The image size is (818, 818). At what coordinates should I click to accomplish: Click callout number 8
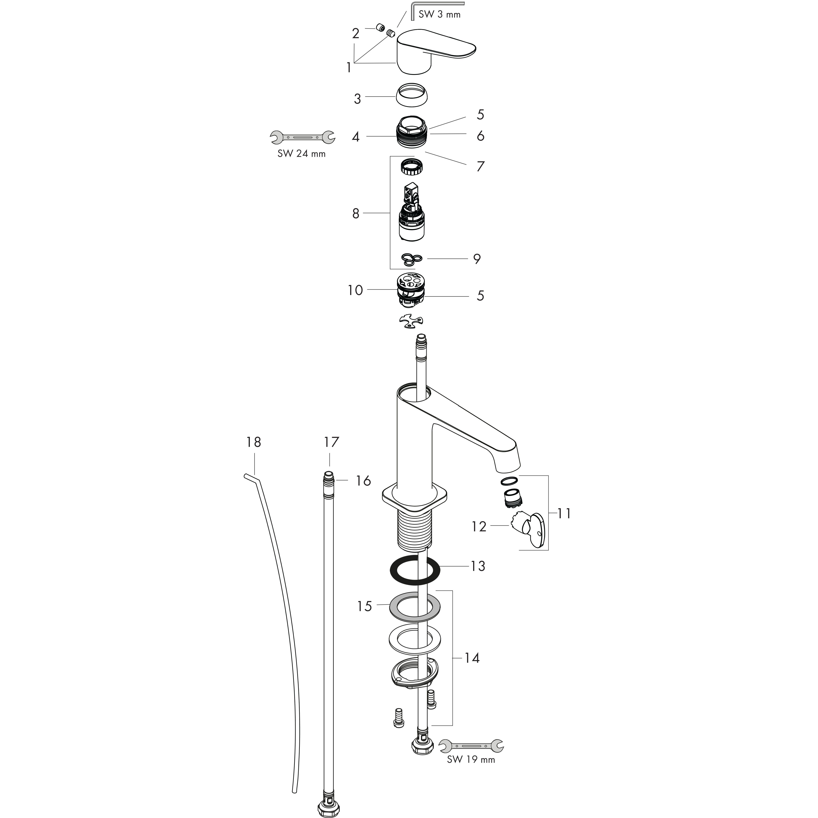coord(356,213)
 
